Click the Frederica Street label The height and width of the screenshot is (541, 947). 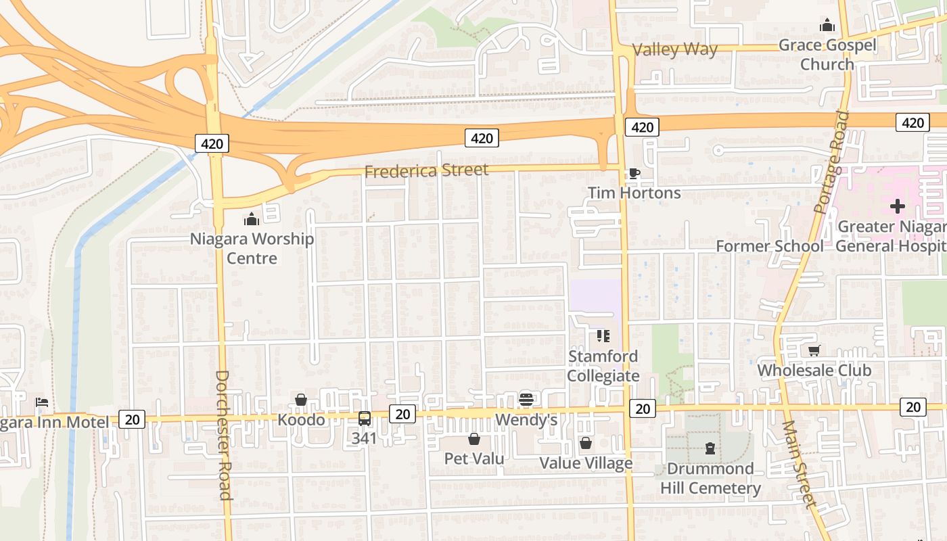pyautogui.click(x=426, y=170)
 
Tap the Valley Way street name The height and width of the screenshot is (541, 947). pyautogui.click(x=674, y=49)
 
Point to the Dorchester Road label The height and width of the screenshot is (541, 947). pyautogui.click(x=224, y=435)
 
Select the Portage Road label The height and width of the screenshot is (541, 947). pyautogui.click(x=832, y=162)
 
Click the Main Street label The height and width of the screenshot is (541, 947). pyautogui.click(x=799, y=464)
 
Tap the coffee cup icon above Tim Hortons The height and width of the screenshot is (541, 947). pyautogui.click(x=634, y=174)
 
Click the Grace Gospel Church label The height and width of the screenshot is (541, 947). pyautogui.click(x=827, y=55)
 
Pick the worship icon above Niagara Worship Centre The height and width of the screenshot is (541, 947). pyautogui.click(x=252, y=219)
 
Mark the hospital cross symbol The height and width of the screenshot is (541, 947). pyautogui.click(x=898, y=206)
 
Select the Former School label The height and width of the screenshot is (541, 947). pyautogui.click(x=770, y=246)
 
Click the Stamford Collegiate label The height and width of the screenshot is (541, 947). pyautogui.click(x=603, y=366)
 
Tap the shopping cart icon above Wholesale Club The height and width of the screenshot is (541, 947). pyautogui.click(x=814, y=350)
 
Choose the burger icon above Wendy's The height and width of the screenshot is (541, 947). pyautogui.click(x=526, y=400)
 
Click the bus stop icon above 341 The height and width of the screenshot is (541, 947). pyautogui.click(x=365, y=419)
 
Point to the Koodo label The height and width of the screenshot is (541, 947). pyautogui.click(x=301, y=420)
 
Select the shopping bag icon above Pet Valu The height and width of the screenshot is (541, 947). pyautogui.click(x=474, y=439)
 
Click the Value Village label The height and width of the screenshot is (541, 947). pyautogui.click(x=586, y=463)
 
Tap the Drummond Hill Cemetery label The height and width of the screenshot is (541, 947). pyautogui.click(x=710, y=478)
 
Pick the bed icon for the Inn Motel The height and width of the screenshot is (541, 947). pyautogui.click(x=42, y=402)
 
